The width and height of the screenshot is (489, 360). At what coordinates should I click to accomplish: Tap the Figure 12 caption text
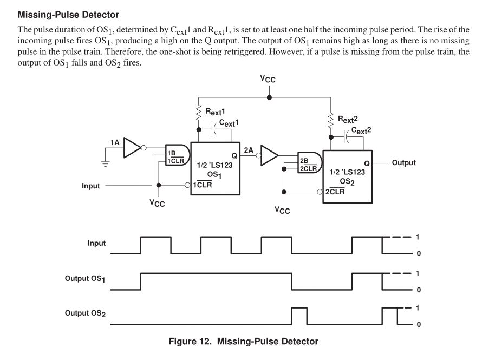tap(243, 341)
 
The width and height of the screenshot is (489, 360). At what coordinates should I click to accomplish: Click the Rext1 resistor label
tap(214, 112)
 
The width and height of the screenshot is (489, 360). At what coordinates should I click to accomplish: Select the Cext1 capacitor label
tap(229, 123)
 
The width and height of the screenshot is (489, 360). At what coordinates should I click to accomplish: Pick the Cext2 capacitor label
tap(361, 130)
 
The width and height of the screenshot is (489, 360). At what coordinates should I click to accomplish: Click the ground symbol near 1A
tap(105, 161)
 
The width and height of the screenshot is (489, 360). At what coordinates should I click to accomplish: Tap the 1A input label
tap(115, 142)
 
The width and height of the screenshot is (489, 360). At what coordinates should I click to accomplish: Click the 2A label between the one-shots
tap(249, 149)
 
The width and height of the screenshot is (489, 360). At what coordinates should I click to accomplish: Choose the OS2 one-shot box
tap(347, 176)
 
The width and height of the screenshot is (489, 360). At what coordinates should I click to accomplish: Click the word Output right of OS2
tap(404, 163)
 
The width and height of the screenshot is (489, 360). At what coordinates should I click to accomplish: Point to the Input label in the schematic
tap(91, 186)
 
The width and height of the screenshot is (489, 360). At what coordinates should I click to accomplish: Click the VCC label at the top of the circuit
tap(268, 79)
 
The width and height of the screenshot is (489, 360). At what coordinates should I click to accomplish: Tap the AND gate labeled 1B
tap(177, 156)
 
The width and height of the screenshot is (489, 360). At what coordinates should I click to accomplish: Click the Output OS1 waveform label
tap(85, 279)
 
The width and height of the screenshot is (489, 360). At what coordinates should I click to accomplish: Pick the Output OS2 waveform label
tap(85, 313)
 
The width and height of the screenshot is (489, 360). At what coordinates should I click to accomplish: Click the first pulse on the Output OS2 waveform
tap(299, 316)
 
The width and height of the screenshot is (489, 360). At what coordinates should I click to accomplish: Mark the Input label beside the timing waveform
tap(96, 244)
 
